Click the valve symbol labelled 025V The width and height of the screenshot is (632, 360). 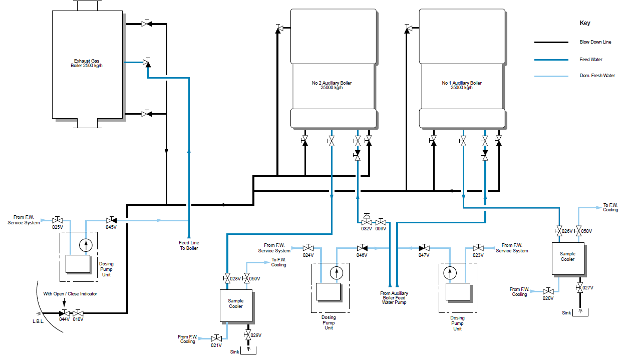click(x=57, y=220)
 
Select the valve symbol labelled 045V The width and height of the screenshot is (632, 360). click(x=111, y=220)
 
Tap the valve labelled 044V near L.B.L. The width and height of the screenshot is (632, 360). click(x=64, y=313)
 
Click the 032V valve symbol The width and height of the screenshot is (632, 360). click(x=367, y=221)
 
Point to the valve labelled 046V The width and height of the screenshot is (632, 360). click(x=362, y=248)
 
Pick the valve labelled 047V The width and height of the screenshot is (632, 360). click(x=424, y=248)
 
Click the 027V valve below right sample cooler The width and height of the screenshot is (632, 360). click(x=579, y=287)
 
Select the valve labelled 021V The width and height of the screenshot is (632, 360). click(x=217, y=339)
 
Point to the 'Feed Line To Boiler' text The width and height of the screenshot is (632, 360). click(x=189, y=245)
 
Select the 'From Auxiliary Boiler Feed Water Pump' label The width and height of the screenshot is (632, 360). click(x=394, y=298)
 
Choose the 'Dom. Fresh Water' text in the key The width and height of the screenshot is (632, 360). click(x=597, y=76)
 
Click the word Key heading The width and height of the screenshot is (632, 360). click(x=585, y=23)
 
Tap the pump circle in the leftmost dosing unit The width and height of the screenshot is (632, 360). click(x=87, y=245)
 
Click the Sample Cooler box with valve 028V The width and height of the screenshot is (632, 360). click(x=236, y=305)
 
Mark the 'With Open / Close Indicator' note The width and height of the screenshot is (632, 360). click(x=70, y=294)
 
